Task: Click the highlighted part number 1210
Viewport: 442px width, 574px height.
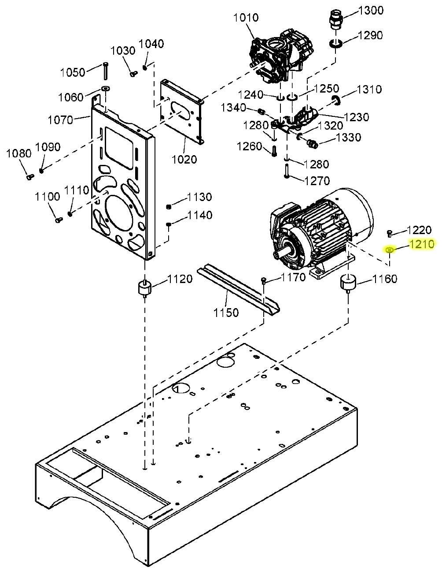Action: tap(421, 244)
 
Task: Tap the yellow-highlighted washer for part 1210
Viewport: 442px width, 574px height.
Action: tap(390, 250)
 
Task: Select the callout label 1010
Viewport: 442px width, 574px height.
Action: tap(246, 18)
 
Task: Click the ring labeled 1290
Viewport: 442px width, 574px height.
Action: tap(336, 44)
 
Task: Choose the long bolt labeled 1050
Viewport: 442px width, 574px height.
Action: tap(106, 71)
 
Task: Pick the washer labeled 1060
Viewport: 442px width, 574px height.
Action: tap(106, 88)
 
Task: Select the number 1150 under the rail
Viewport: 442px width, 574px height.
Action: tap(226, 313)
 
